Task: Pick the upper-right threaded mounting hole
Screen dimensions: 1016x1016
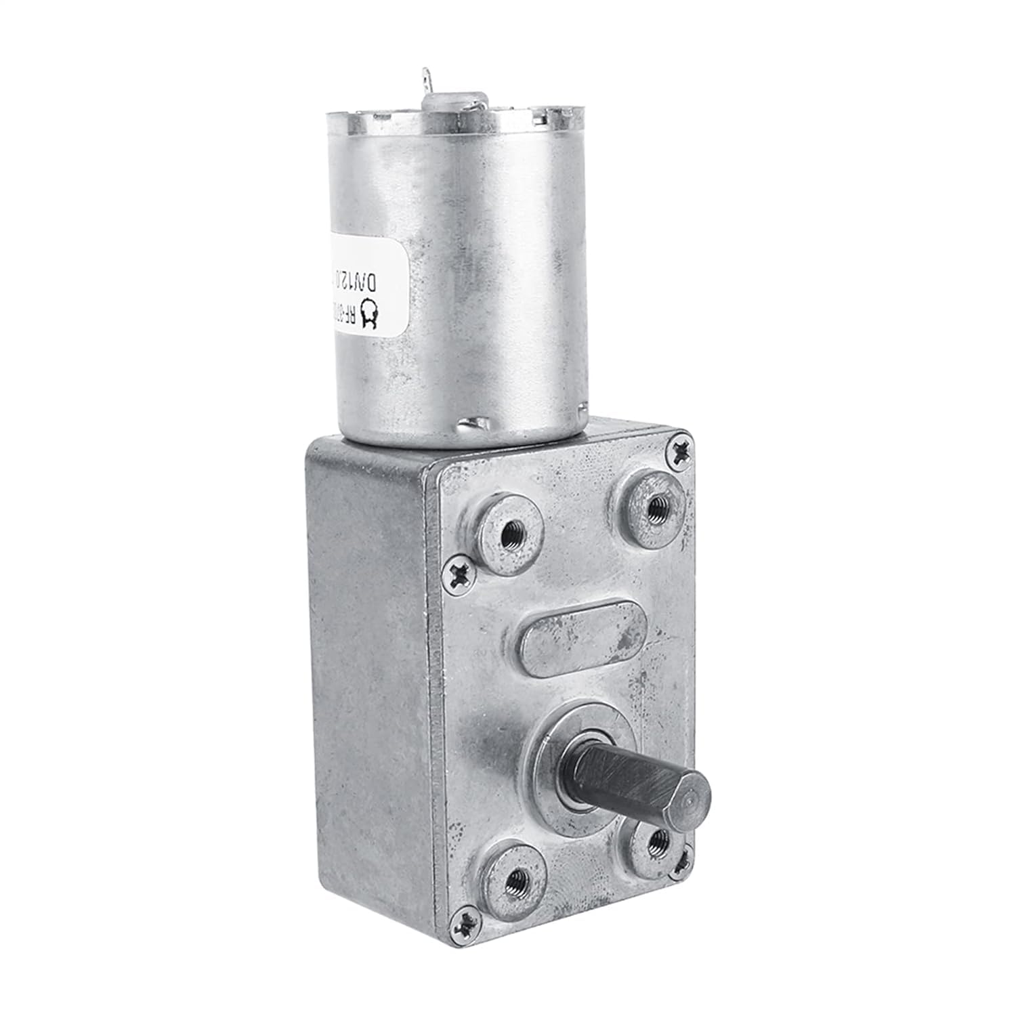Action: tap(654, 507)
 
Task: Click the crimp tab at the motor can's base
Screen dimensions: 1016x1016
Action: tap(473, 425)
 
